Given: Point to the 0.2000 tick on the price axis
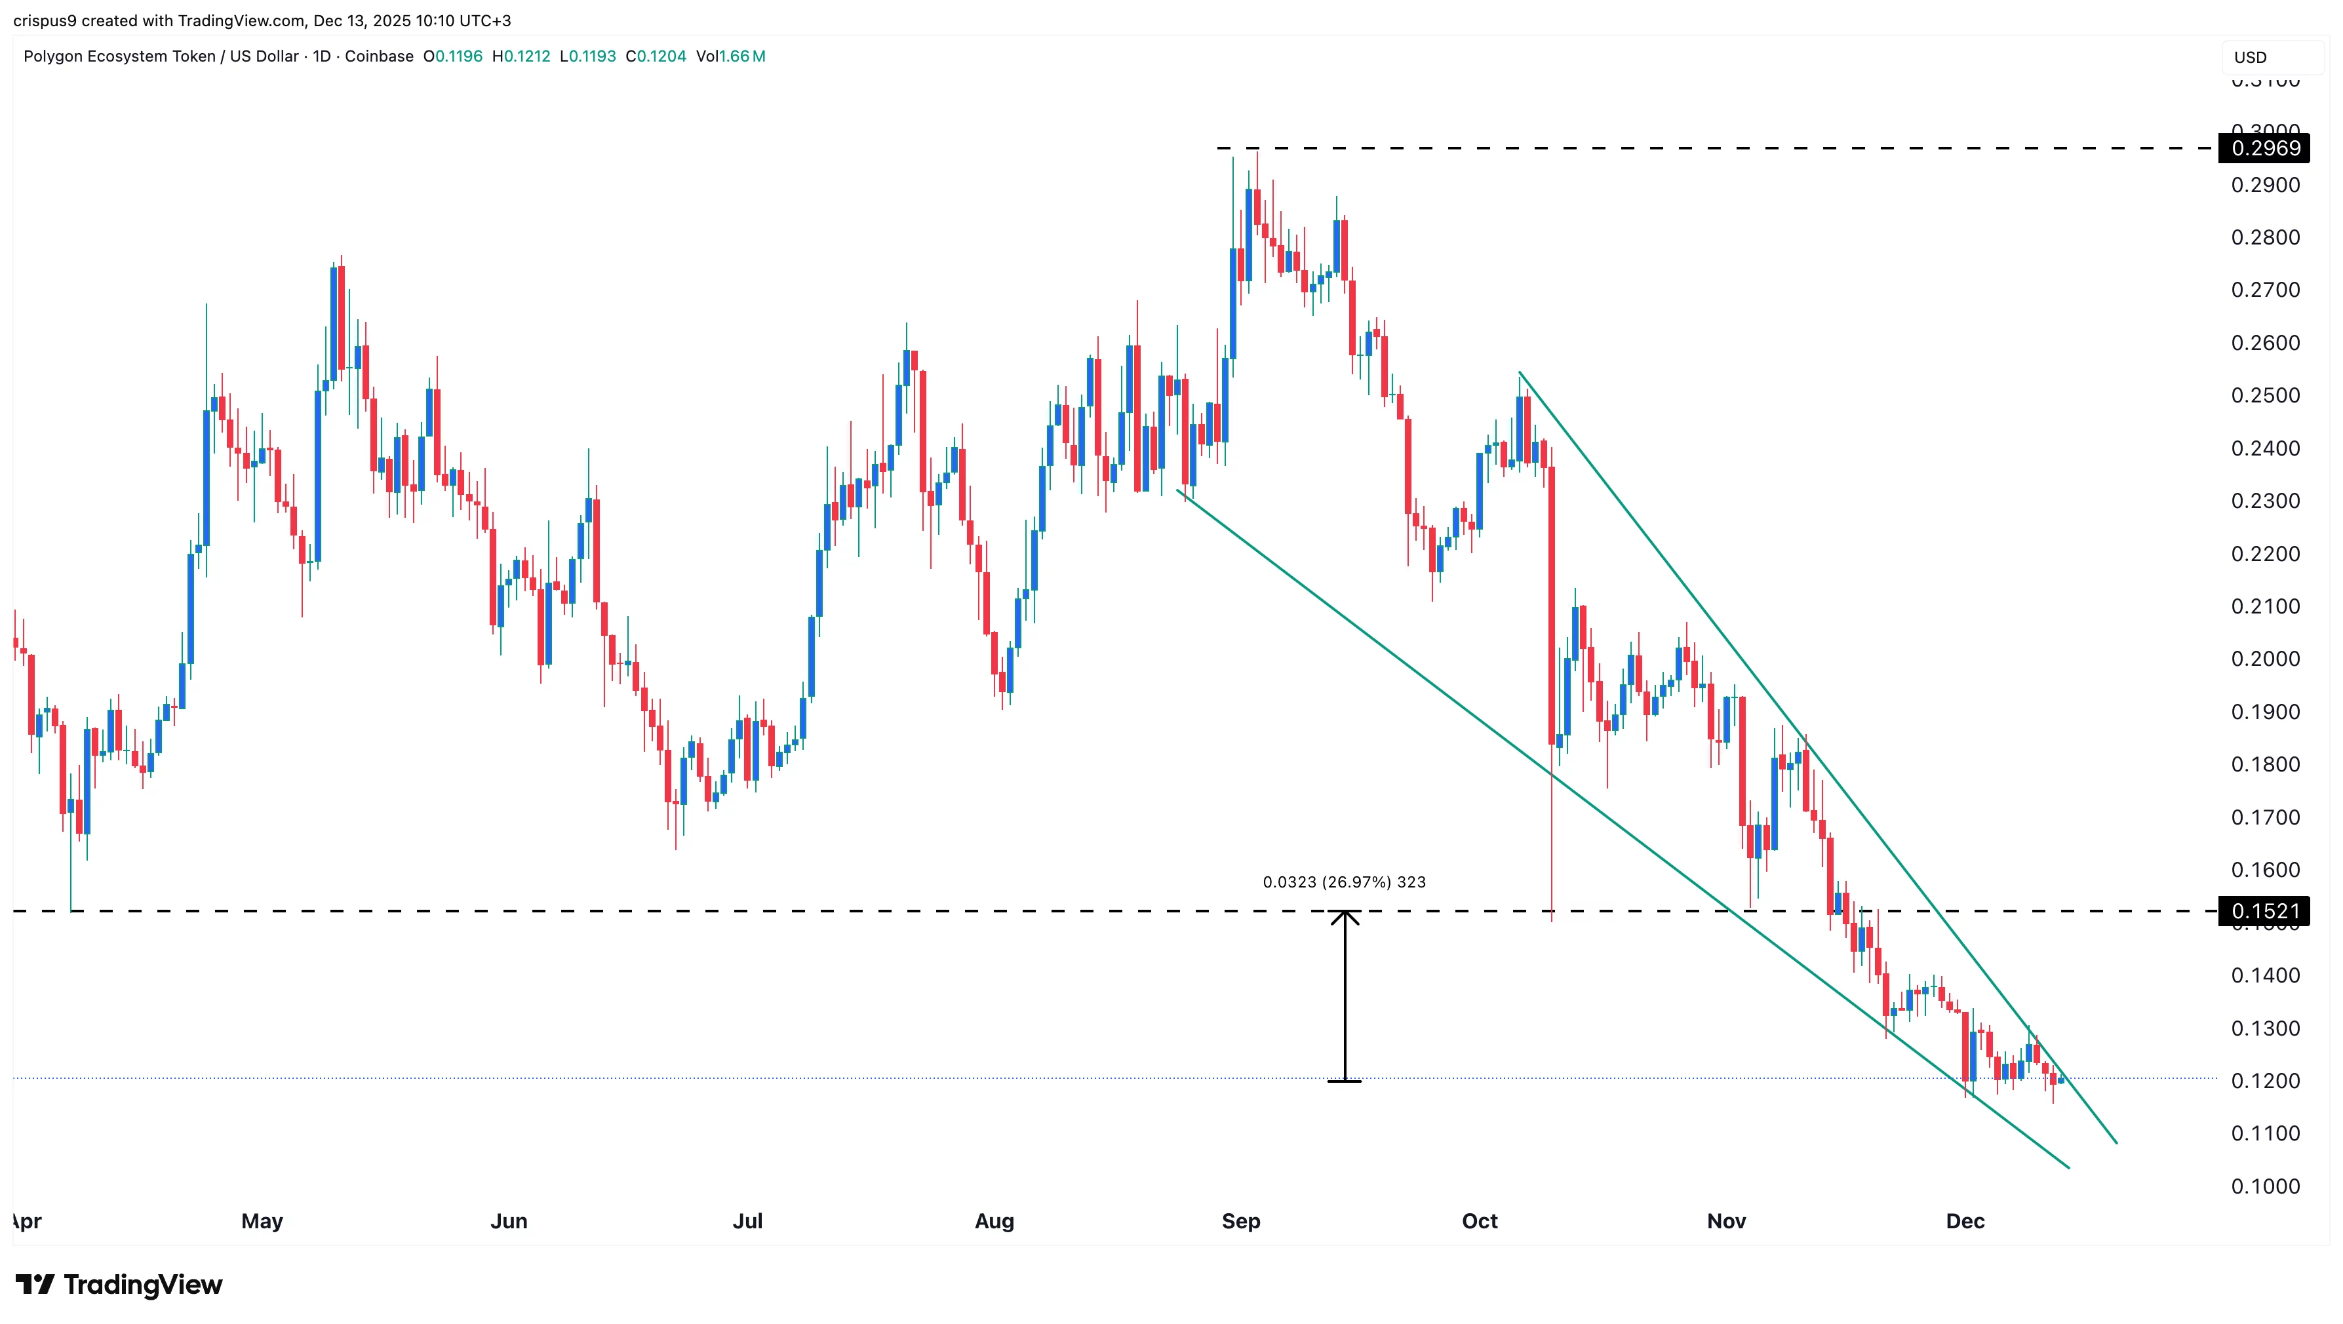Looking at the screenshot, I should click(x=2265, y=659).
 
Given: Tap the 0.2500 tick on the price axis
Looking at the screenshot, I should click(x=2265, y=396).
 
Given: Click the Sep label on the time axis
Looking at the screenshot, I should click(x=1240, y=1221).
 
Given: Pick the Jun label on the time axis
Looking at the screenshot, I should click(x=509, y=1221).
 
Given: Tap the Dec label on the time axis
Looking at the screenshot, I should click(x=1965, y=1221).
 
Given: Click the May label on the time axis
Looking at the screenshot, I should click(x=262, y=1221).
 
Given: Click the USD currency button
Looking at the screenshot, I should click(x=2251, y=57).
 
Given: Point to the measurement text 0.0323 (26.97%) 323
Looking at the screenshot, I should click(x=1343, y=882).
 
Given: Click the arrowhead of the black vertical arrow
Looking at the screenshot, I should click(x=1345, y=916).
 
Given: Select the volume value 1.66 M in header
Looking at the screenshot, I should click(x=742, y=56).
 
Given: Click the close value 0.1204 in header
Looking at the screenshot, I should click(x=661, y=56).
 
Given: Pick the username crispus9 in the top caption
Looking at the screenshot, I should click(x=45, y=20).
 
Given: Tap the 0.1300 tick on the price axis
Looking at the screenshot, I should click(x=2265, y=1028).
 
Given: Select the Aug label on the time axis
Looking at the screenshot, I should click(x=994, y=1221).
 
